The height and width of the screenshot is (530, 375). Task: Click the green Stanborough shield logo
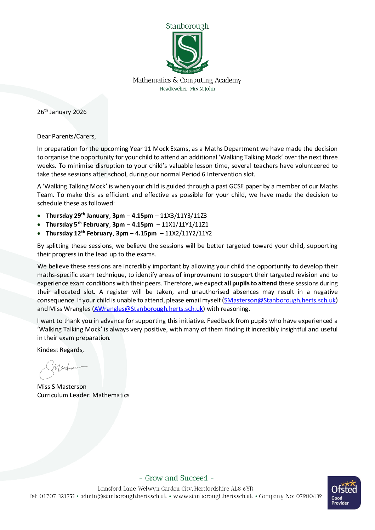pyautogui.click(x=187, y=51)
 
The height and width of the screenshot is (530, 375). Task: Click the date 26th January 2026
pyautogui.click(x=62, y=112)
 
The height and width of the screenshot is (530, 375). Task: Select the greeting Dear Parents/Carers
pyautogui.click(x=67, y=136)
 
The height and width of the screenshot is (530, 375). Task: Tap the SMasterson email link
pyautogui.click(x=280, y=300)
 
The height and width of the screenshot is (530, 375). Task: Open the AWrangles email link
pyautogui.click(x=148, y=309)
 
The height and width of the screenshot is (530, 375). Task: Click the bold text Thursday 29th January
pyautogui.click(x=77, y=216)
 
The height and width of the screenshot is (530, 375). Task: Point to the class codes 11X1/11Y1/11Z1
pyautogui.click(x=185, y=224)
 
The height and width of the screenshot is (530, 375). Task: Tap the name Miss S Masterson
pyautogui.click(x=62, y=387)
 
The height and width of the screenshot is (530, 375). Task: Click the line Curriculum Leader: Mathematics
pyautogui.click(x=83, y=395)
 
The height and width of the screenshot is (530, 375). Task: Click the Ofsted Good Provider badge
pyautogui.click(x=344, y=493)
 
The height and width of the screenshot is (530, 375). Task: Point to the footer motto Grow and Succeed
pyautogui.click(x=176, y=478)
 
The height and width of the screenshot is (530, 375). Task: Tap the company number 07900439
pyautogui.click(x=309, y=496)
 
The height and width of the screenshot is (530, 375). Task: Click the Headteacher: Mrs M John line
pyautogui.click(x=187, y=89)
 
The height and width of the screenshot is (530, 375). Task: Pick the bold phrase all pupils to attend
pyautogui.click(x=250, y=283)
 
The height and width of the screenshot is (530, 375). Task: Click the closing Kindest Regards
pyautogui.click(x=61, y=350)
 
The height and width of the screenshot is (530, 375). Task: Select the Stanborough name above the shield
pyautogui.click(x=187, y=26)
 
